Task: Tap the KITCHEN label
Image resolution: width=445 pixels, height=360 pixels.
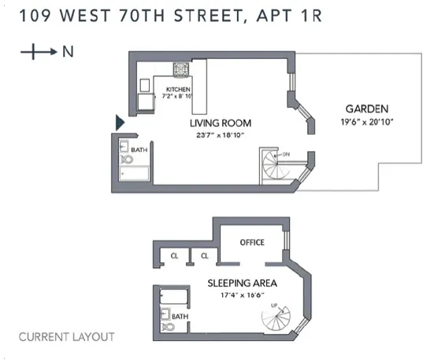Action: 178,89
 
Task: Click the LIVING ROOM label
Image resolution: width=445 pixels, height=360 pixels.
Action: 220,123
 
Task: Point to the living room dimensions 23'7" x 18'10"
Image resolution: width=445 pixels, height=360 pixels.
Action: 220,135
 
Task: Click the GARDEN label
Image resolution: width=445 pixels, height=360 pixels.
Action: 367,109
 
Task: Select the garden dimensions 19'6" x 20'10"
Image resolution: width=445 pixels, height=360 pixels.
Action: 367,122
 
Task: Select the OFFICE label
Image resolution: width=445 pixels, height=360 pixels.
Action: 252,242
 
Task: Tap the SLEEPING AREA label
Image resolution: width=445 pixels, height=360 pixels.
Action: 235,283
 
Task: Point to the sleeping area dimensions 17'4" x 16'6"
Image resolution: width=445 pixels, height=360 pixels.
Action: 235,295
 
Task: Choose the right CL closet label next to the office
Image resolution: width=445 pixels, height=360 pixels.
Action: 204,255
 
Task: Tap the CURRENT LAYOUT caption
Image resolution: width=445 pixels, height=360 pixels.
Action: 66,337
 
